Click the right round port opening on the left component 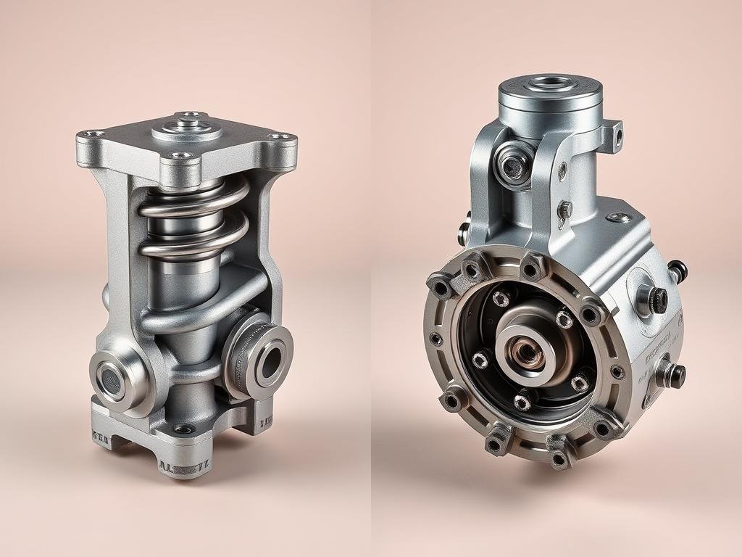(270, 359)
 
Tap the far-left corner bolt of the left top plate (91, 133)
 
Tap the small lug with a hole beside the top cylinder (617, 133)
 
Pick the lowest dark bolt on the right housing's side (675, 374)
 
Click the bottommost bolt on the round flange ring (558, 458)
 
